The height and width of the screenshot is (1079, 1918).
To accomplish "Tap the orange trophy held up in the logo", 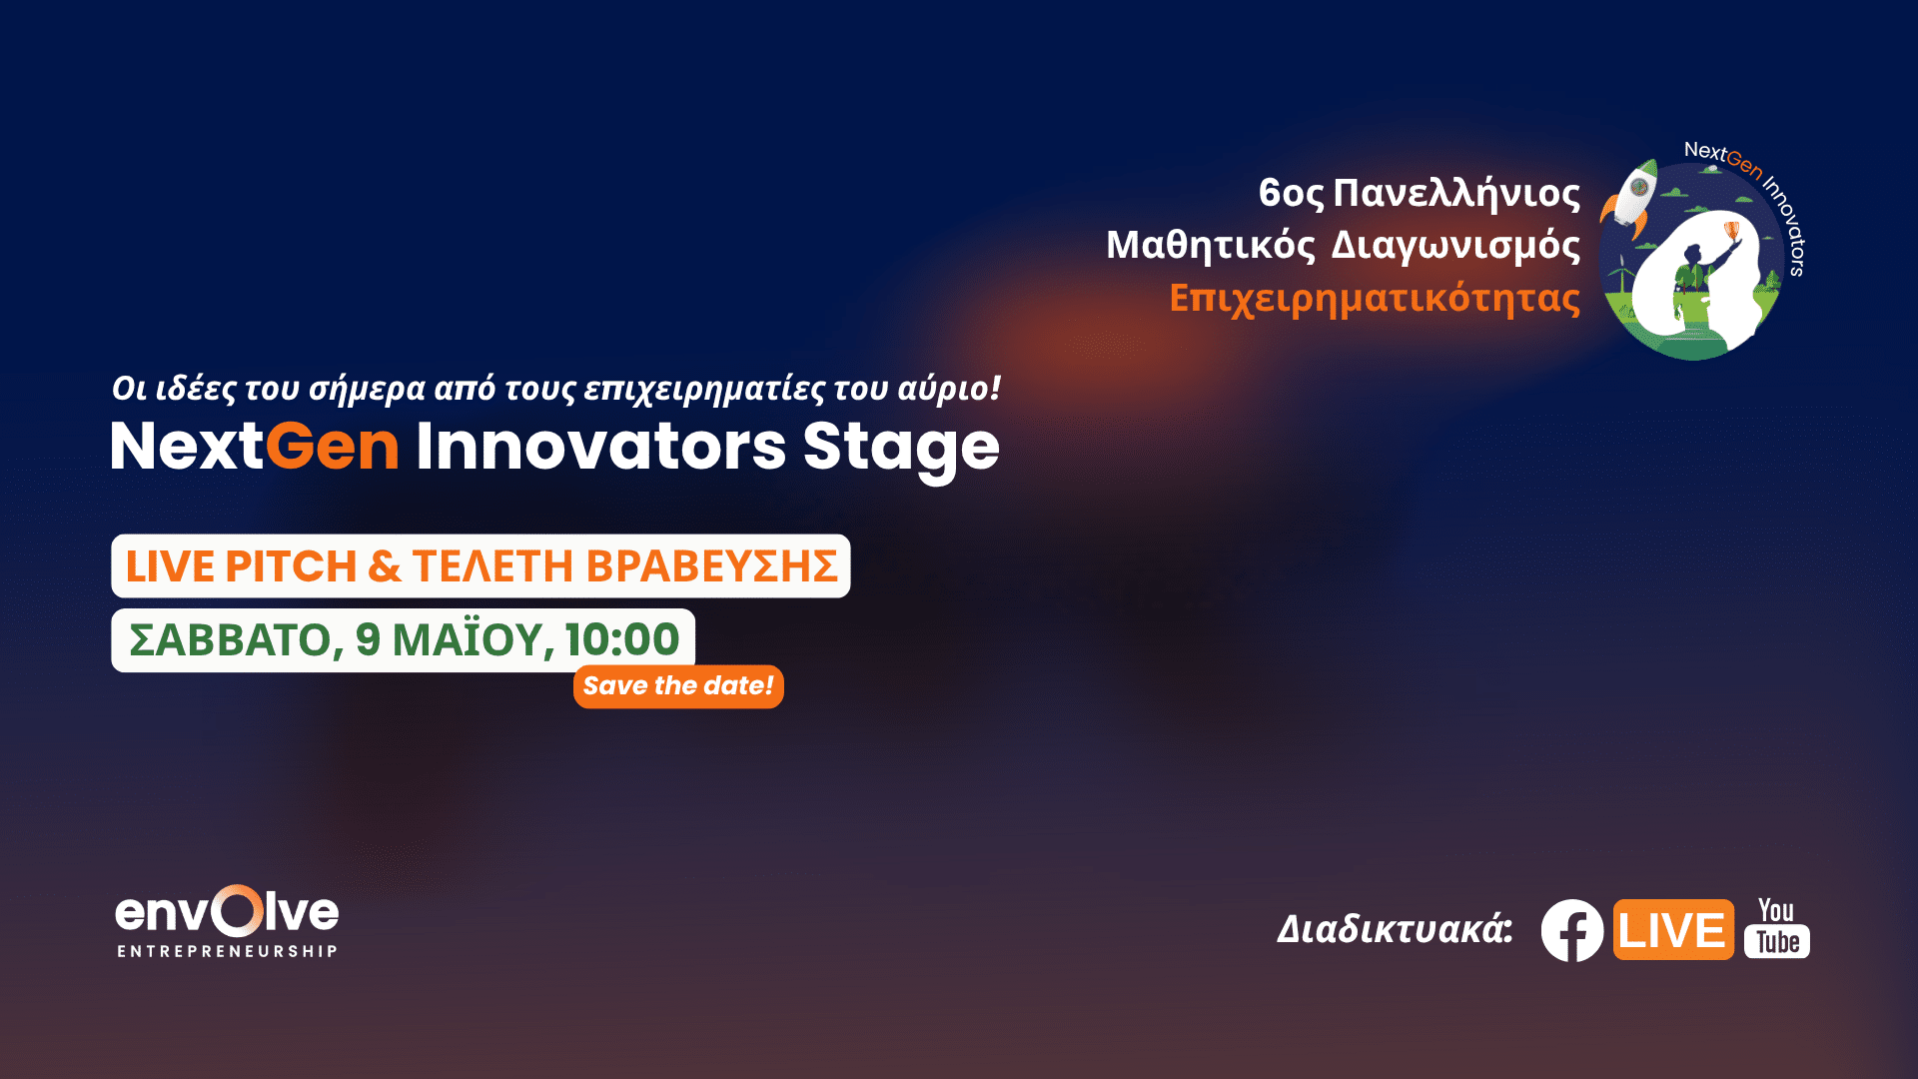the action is click(1732, 232).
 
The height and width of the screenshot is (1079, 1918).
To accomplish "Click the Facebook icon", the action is click(1572, 930).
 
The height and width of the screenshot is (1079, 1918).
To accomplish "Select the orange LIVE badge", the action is click(1673, 930).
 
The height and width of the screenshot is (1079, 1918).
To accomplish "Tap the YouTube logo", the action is click(1776, 928).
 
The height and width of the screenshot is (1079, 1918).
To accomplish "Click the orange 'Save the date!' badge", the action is click(678, 686).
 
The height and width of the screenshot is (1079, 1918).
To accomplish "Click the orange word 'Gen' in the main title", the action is click(332, 446).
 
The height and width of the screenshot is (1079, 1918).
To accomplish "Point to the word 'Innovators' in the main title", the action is click(601, 446).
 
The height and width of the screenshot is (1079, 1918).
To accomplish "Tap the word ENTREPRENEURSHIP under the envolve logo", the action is click(227, 951).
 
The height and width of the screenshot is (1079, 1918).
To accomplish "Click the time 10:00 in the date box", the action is click(622, 639).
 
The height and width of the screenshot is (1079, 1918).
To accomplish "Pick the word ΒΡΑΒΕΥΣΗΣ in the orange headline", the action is click(711, 566).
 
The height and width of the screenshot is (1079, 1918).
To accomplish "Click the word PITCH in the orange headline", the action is click(291, 566).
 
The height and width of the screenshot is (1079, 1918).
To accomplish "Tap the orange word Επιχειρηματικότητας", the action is click(1375, 299).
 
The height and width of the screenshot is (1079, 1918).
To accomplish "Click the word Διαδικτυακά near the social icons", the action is click(1395, 930).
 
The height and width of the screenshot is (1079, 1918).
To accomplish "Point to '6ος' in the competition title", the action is click(1291, 193).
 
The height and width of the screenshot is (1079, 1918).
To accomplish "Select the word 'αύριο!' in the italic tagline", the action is click(949, 389).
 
